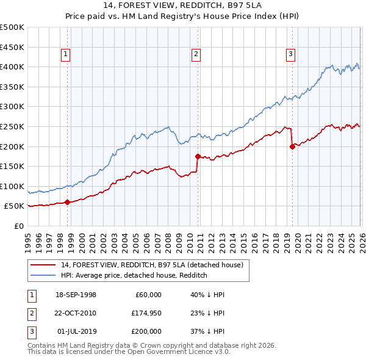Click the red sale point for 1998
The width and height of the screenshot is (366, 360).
pyautogui.click(x=67, y=202)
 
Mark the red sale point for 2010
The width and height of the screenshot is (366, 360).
pyautogui.click(x=198, y=156)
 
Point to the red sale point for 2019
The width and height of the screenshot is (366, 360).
pyautogui.click(x=292, y=146)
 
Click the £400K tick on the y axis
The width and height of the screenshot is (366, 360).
pyautogui.click(x=12, y=67)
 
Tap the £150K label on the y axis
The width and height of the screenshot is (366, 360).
pyautogui.click(x=12, y=166)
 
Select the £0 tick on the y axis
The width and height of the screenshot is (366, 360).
pyautogui.click(x=19, y=226)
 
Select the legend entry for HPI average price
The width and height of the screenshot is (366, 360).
pyautogui.click(x=134, y=276)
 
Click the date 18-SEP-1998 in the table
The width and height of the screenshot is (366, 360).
pyautogui.click(x=76, y=295)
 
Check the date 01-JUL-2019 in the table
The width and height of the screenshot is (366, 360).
pyautogui.click(x=76, y=331)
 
